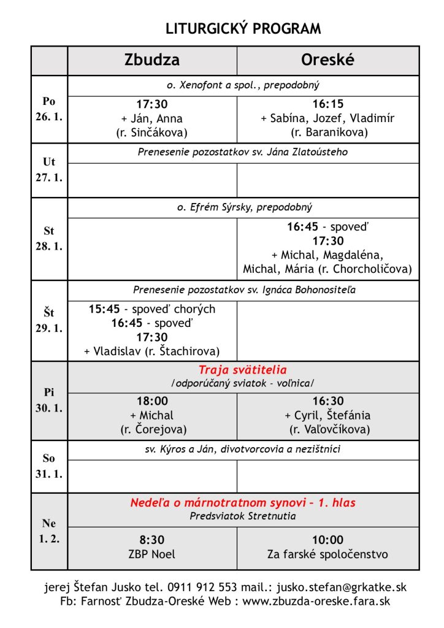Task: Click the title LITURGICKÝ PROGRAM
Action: pyautogui.click(x=243, y=29)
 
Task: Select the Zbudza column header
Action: pyautogui.click(x=152, y=60)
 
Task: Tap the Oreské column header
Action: pyautogui.click(x=327, y=60)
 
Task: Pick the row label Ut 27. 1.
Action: pyautogui.click(x=49, y=170)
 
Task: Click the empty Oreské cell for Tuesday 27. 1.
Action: pyautogui.click(x=327, y=180)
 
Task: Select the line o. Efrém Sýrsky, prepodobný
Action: pyautogui.click(x=243, y=207)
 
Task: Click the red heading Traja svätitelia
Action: pyautogui.click(x=243, y=370)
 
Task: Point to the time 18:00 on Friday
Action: pyautogui.click(x=152, y=402)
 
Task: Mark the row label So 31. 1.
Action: pyautogui.click(x=49, y=467)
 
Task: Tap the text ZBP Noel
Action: pyautogui.click(x=152, y=554)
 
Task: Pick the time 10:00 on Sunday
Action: pyautogui.click(x=327, y=540)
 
